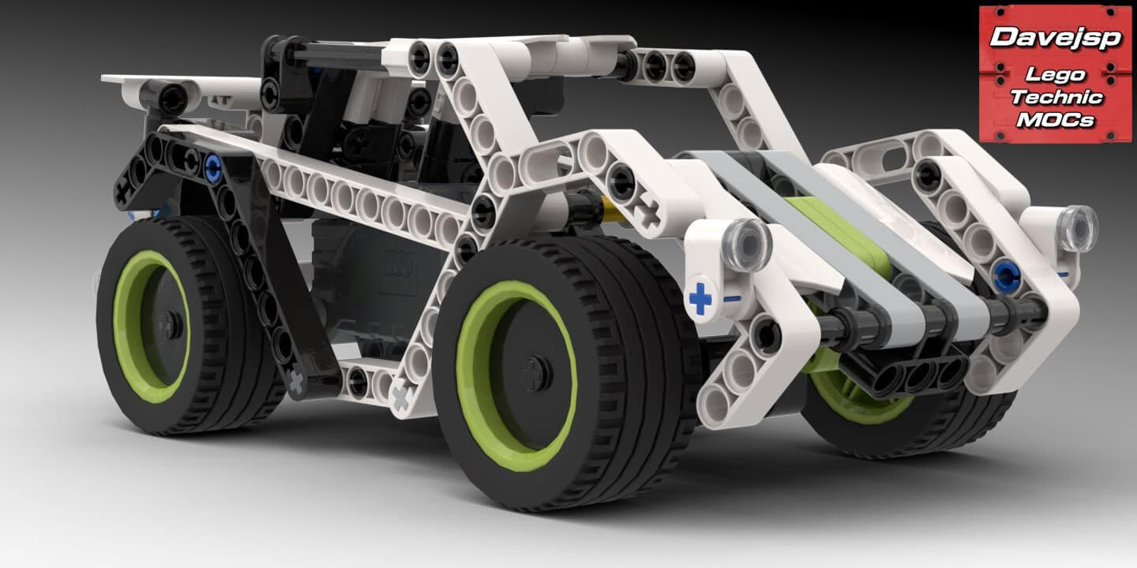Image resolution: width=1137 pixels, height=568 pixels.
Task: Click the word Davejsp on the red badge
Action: (x=1056, y=38)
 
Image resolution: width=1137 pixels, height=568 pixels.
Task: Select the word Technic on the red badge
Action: (x=1056, y=97)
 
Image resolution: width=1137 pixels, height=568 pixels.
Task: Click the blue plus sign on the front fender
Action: (x=700, y=298)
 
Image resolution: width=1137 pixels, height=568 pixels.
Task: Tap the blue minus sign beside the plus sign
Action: (x=731, y=299)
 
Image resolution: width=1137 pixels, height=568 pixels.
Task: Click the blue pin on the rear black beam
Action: (x=212, y=167)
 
